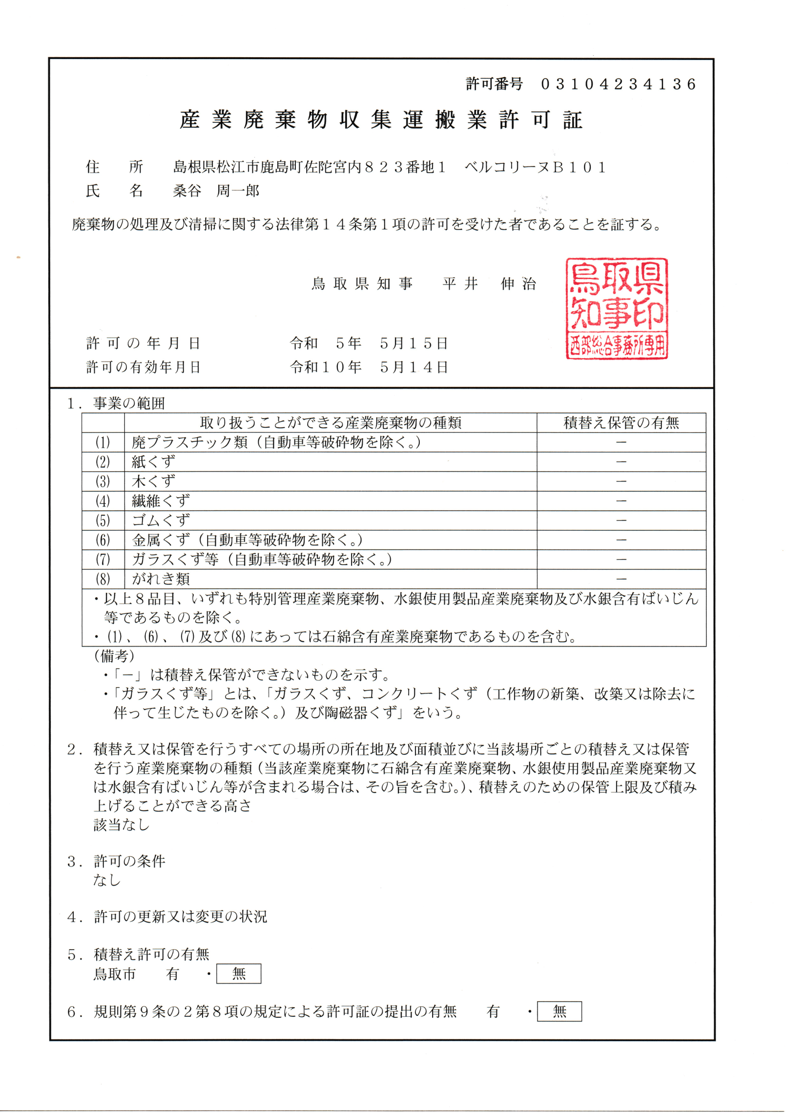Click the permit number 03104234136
point(618,84)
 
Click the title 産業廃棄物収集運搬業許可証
point(381,120)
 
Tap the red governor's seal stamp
point(616,309)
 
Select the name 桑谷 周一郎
point(216,191)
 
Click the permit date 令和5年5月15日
point(369,343)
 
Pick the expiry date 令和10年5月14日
point(369,367)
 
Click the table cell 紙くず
point(153,462)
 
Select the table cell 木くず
point(153,482)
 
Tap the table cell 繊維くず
point(161,501)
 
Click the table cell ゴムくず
point(161,520)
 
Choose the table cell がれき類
point(161,579)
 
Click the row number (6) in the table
point(103,540)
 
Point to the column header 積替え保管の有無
point(621,423)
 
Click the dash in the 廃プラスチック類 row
point(621,442)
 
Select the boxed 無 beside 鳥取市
point(239,974)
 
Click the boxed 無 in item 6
point(559,1012)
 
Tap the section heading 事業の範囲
point(129,403)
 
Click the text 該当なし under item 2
point(121,824)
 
